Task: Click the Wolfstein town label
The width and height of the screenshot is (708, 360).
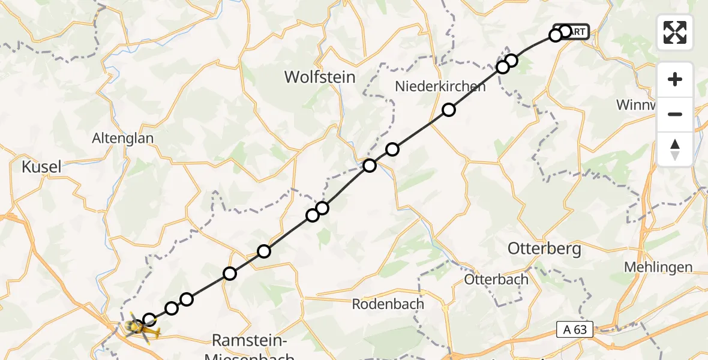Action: click(x=320, y=77)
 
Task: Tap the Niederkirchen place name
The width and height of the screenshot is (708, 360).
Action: click(x=440, y=86)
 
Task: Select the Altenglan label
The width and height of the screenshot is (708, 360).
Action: click(x=122, y=138)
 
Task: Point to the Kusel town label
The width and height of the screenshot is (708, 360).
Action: click(x=41, y=167)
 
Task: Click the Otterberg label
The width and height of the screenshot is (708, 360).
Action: click(x=544, y=248)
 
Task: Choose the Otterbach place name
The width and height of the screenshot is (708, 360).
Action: click(x=496, y=279)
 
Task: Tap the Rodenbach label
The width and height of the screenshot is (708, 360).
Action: click(x=388, y=304)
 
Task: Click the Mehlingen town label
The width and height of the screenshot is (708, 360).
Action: click(x=658, y=267)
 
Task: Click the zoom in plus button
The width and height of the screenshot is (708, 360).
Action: click(x=675, y=79)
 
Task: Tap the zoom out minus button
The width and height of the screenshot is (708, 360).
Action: click(x=675, y=114)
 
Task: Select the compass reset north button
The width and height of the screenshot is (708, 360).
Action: click(x=675, y=149)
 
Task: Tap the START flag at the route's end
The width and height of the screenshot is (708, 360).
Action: click(x=575, y=32)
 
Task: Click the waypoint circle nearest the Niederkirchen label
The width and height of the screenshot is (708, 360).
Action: click(x=449, y=109)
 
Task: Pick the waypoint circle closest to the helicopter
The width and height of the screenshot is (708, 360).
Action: click(x=149, y=320)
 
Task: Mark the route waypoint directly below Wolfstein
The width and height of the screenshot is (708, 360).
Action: click(x=322, y=208)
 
